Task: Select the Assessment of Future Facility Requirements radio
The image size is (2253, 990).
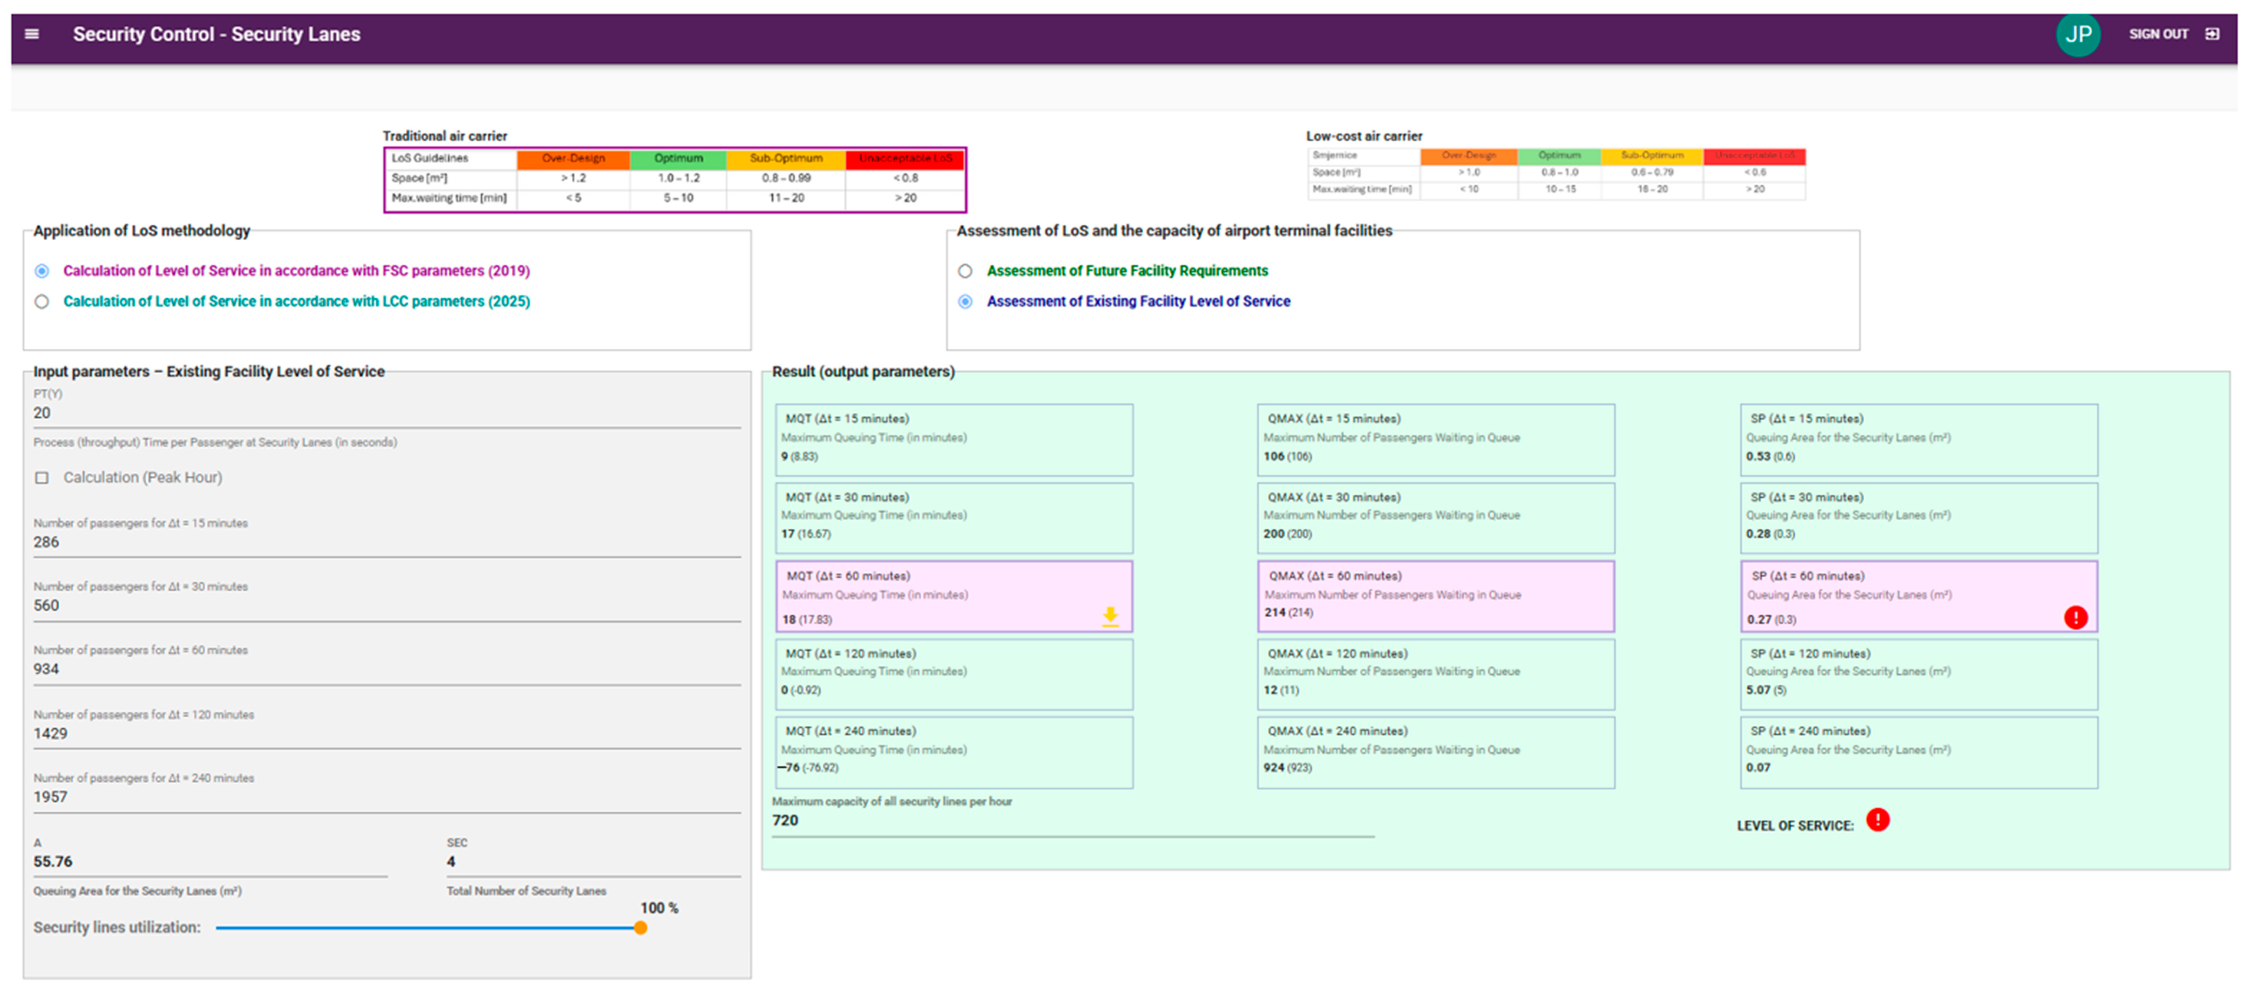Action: coord(965,271)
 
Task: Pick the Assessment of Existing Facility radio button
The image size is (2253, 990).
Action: coord(965,302)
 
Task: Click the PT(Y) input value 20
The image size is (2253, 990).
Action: coord(42,413)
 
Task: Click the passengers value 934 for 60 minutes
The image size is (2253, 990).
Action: coord(46,669)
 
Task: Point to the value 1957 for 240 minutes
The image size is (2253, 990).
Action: coord(50,797)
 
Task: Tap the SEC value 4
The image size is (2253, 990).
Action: coord(451,861)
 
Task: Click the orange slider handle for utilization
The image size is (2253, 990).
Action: coord(640,928)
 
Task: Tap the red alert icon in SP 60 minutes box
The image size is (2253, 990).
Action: coord(2075,617)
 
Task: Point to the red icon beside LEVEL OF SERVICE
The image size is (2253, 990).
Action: coord(1877,820)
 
